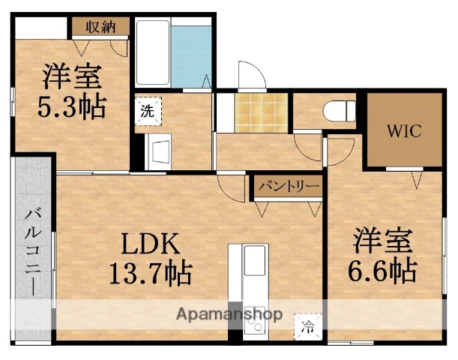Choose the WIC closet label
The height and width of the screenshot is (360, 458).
pyautogui.click(x=403, y=130)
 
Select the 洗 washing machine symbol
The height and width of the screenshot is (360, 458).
pyautogui.click(x=148, y=109)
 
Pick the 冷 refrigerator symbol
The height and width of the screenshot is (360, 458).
pyautogui.click(x=308, y=326)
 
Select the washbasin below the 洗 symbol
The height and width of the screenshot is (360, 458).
pyautogui.click(x=159, y=152)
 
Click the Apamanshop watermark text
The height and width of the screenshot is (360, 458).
pyautogui.click(x=229, y=314)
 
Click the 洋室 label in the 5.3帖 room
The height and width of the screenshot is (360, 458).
pyautogui.click(x=72, y=76)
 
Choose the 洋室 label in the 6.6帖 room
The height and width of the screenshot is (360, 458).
pyautogui.click(x=383, y=241)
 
